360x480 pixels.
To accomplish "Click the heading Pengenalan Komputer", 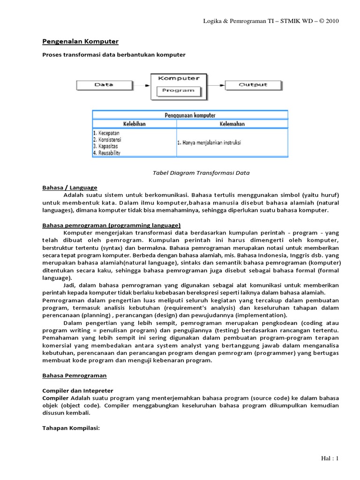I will (x=80, y=42).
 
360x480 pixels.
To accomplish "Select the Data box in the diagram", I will (x=104, y=85).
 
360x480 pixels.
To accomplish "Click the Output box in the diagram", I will (x=253, y=85).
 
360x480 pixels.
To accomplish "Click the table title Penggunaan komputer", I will (x=190, y=115).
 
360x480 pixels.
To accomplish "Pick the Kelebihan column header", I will (x=135, y=124).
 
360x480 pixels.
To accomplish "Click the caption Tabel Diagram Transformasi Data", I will (x=201, y=173).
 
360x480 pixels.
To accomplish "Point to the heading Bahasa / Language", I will (x=70, y=187).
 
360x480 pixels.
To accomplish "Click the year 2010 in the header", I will (x=331, y=21).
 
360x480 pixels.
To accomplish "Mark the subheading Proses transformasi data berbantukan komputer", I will (x=114, y=55).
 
